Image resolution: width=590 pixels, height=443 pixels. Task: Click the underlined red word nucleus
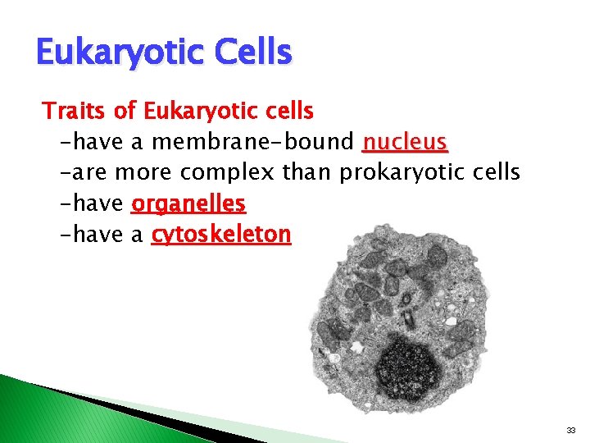[x=405, y=143]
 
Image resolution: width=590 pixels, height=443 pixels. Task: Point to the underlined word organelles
[x=188, y=203]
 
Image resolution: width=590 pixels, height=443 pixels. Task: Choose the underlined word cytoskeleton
[x=221, y=235]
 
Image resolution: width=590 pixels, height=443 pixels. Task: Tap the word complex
[x=228, y=173]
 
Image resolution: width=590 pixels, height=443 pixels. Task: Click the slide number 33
[x=572, y=429]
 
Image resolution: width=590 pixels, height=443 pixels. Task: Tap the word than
[x=306, y=173]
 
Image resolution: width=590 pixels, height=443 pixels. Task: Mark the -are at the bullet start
[x=84, y=173]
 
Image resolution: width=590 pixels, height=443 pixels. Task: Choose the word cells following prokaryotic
[x=497, y=173]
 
